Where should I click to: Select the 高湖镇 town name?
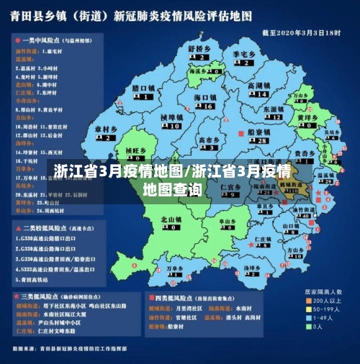click(x=258, y=86)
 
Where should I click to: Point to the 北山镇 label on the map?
click(x=171, y=219)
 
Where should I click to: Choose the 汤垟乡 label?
click(x=251, y=268)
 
